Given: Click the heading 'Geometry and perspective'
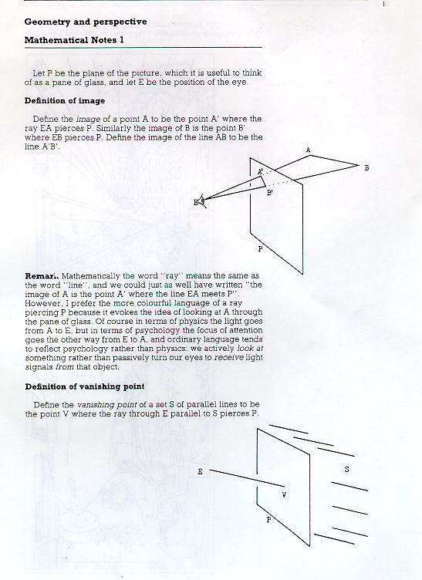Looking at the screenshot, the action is [86, 22].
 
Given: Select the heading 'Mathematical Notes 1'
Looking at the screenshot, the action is [74, 40].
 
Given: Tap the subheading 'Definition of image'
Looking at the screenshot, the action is [65, 100].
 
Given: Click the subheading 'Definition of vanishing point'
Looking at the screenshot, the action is [85, 386].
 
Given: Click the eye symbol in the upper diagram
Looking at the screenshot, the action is [201, 200].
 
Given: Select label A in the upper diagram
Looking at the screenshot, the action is [308, 150].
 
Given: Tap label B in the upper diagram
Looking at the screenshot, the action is [366, 168].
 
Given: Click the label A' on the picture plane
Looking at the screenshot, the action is [261, 172].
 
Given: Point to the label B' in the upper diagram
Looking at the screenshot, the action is [270, 192].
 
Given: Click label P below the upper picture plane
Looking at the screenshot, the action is [260, 249].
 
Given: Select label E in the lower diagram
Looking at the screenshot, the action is [200, 471].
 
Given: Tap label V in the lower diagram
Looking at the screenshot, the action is [284, 495].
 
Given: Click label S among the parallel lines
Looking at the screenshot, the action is [346, 470].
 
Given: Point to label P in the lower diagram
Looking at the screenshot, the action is [269, 520].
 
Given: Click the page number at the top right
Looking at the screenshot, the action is [383, 4].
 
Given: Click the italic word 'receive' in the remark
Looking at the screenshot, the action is [228, 358].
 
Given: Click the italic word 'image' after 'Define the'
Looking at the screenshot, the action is [88, 120].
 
